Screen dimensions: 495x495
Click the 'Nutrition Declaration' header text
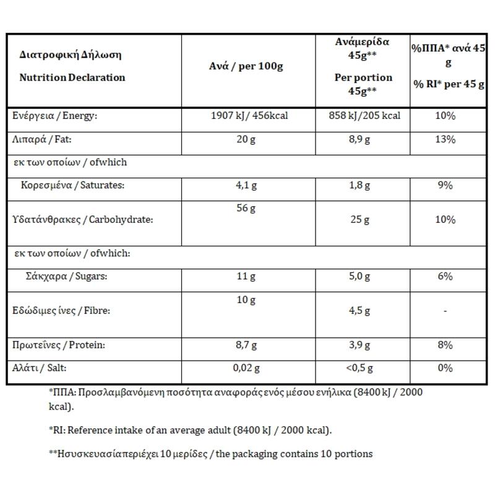pyautogui.click(x=72, y=77)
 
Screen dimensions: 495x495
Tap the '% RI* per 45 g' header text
pyautogui.click(x=449, y=84)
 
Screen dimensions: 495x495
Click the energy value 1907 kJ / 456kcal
pyautogui.click(x=249, y=116)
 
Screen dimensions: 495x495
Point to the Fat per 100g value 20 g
pyautogui.click(x=246, y=139)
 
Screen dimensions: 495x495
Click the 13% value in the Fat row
pyautogui.click(x=445, y=139)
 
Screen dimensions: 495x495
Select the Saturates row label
pyautogui.click(x=72, y=185)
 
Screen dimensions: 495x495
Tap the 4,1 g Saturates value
pyautogui.click(x=246, y=185)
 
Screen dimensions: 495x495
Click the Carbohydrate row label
pyautogui.click(x=82, y=219)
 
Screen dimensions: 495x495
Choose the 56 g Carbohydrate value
pyautogui.click(x=246, y=208)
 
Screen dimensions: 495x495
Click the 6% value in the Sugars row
pyautogui.click(x=445, y=276)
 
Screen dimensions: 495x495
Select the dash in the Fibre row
pyautogui.click(x=445, y=311)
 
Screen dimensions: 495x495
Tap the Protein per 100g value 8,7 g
pyautogui.click(x=246, y=345)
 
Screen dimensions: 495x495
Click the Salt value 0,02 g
pyautogui.click(x=246, y=368)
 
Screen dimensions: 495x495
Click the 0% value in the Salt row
pyautogui.click(x=445, y=368)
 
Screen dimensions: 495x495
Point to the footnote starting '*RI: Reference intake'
pyautogui.click(x=189, y=429)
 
